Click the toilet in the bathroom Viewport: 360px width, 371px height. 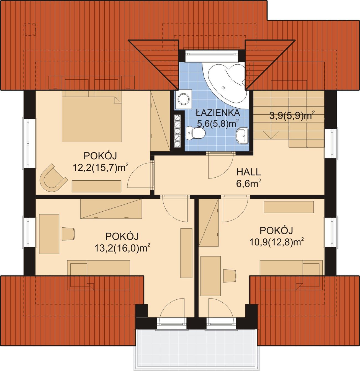point(196,133)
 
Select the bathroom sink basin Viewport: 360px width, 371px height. point(242,135)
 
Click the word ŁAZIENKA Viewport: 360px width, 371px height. point(218,113)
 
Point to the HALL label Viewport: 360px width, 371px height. point(248,172)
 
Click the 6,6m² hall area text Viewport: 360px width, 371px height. point(249,184)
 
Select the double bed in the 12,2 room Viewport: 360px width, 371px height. point(91,116)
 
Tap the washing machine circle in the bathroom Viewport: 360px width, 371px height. point(184,99)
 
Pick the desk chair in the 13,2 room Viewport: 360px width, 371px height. point(68,234)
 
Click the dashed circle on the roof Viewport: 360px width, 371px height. point(30,29)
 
